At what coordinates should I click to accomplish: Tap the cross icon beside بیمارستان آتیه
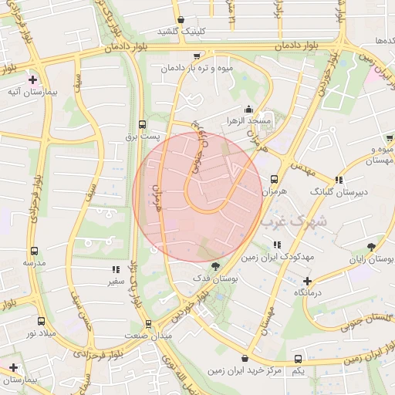[32, 79]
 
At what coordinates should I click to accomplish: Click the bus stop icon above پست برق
[142, 123]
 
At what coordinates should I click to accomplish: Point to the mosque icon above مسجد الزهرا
[248, 109]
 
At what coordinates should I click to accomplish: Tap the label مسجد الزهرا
[248, 121]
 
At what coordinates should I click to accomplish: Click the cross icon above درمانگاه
[307, 281]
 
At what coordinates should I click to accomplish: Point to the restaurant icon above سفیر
[116, 270]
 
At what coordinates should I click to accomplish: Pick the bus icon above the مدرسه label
[34, 251]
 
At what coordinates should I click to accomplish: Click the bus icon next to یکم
[298, 360]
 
